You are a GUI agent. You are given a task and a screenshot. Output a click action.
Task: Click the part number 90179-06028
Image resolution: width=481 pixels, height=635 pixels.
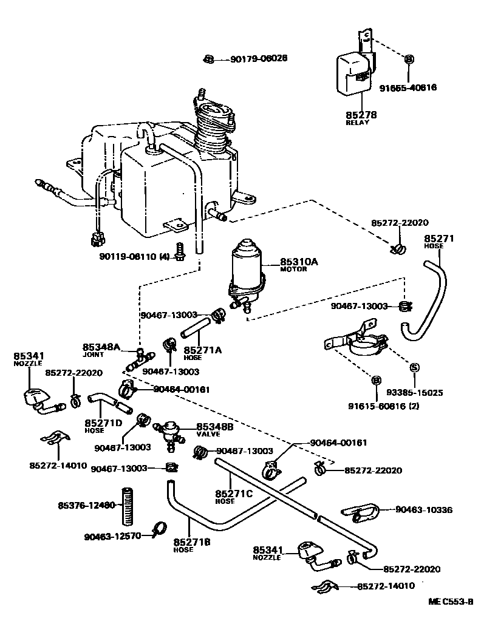click(258, 59)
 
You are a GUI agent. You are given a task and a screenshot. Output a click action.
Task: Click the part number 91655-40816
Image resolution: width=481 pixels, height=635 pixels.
click(408, 87)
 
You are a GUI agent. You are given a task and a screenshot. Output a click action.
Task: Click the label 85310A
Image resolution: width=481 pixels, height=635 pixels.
click(299, 262)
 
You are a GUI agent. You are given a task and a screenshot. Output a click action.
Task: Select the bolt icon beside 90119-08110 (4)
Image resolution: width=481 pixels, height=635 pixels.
click(179, 253)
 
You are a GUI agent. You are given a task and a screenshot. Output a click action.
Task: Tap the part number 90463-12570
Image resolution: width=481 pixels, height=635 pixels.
click(112, 535)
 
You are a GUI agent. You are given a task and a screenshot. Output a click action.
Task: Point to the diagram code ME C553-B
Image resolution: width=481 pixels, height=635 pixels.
click(450, 602)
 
